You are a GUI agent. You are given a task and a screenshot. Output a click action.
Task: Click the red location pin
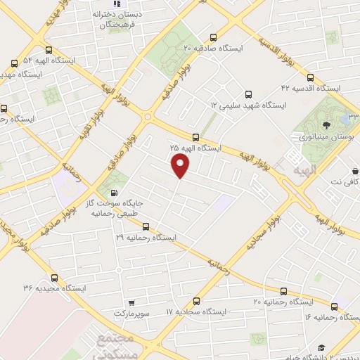click(181, 166)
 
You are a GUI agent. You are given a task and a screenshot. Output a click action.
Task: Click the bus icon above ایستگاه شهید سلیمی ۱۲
click(247, 94)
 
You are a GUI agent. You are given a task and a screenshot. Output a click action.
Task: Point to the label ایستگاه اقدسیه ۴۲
click(310, 89)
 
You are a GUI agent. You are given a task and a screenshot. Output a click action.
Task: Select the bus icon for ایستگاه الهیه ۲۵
click(195, 137)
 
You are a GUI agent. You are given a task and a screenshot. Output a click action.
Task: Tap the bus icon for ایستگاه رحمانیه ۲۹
click(146, 226)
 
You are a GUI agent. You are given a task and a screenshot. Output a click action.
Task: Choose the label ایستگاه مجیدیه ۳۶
click(49, 288)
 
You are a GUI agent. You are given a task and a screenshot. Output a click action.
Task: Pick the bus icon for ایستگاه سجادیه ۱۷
click(196, 299)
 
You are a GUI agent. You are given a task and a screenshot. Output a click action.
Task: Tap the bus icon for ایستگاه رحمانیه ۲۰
click(283, 290)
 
